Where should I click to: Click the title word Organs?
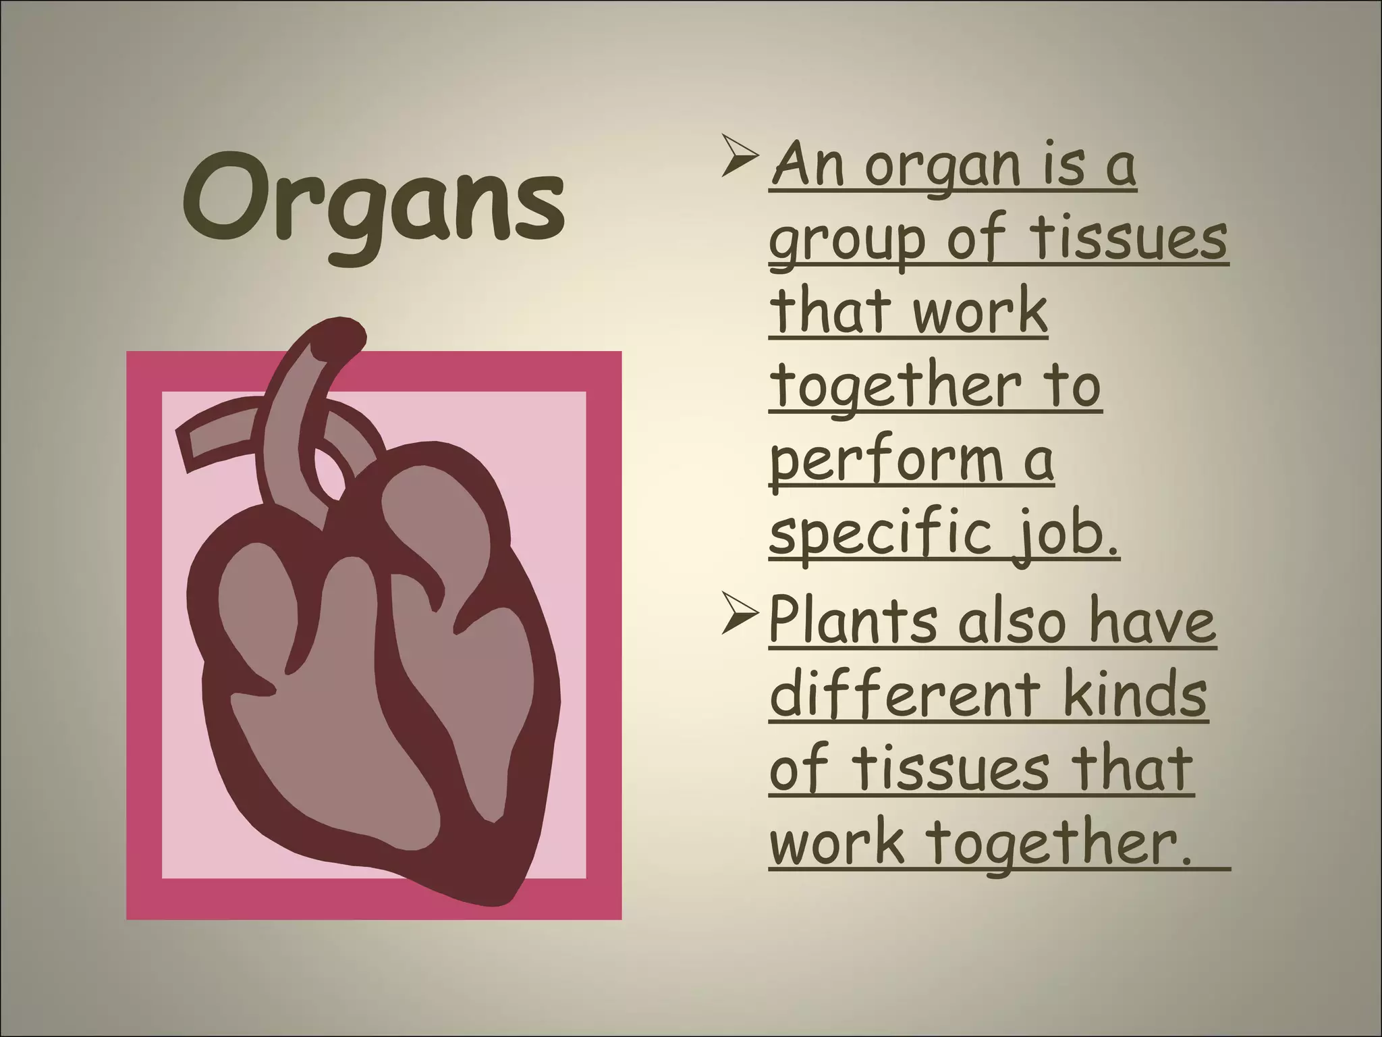pyautogui.click(x=372, y=201)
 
